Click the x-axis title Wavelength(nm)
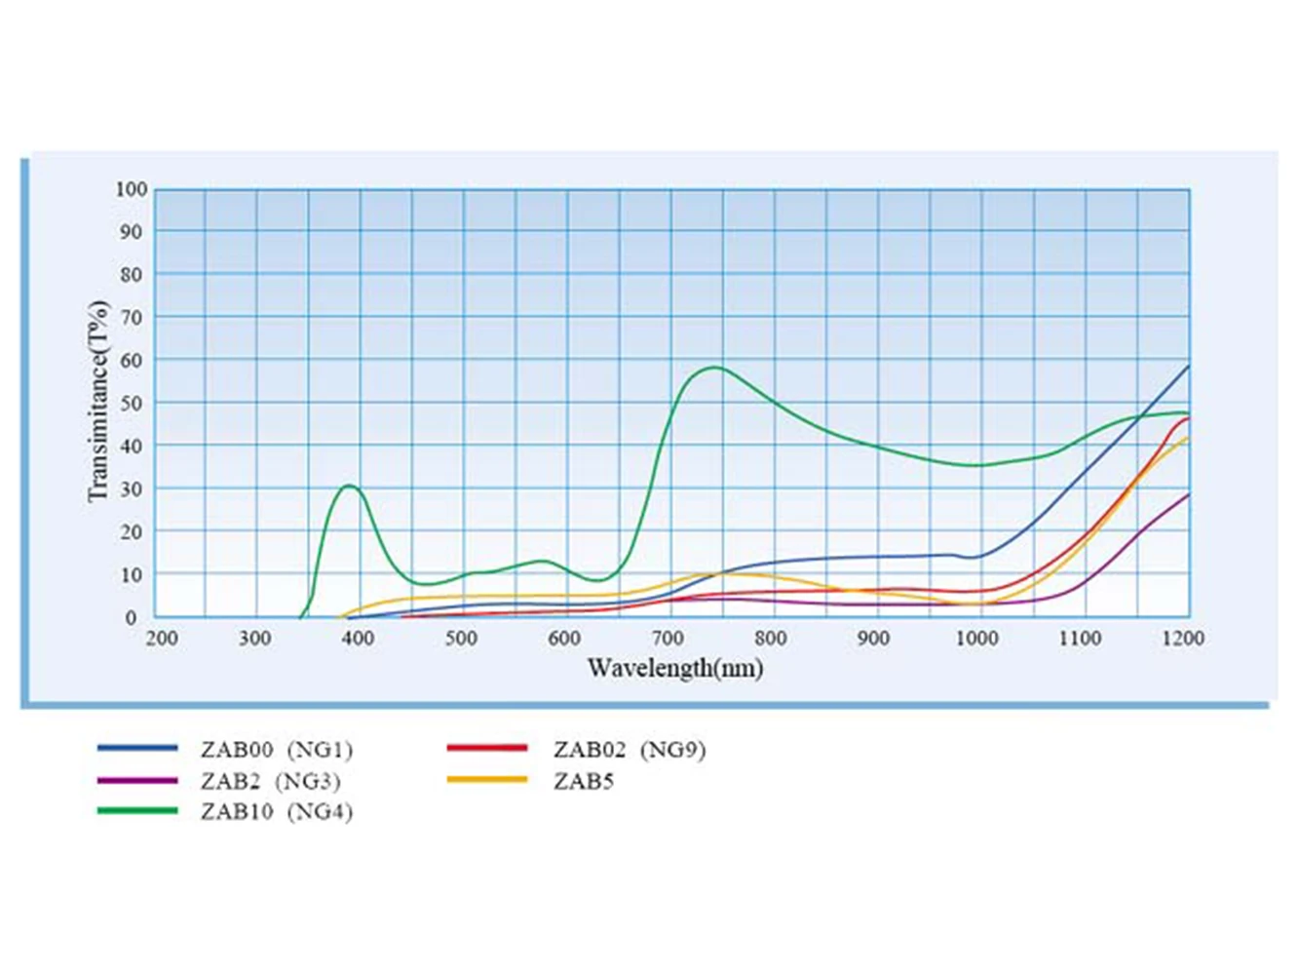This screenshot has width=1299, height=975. pos(674,669)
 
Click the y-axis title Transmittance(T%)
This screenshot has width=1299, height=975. pos(98,401)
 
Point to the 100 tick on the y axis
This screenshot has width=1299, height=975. pos(132,189)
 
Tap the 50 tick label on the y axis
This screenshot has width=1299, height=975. pos(132,403)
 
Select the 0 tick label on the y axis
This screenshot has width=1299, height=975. pos(132,618)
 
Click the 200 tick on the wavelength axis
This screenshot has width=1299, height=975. pos(162,639)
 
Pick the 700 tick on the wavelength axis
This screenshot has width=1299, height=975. pos(668,639)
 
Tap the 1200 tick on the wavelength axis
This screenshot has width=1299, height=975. pos(1184,639)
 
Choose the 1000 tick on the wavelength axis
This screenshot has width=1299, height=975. pos(976,639)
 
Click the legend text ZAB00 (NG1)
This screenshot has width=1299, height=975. pos(277,750)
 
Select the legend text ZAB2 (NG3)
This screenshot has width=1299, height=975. pos(271,781)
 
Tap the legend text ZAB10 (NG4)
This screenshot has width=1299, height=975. pos(277,812)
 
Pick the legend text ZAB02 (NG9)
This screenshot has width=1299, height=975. pos(630,750)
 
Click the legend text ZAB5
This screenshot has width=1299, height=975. pos(584,781)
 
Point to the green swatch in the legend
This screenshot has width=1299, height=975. pos(137,810)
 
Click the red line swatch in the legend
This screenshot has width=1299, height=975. pos(487,748)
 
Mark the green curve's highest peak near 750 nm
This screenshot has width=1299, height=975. pos(716,368)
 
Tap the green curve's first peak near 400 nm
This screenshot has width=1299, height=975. pos(349,486)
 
